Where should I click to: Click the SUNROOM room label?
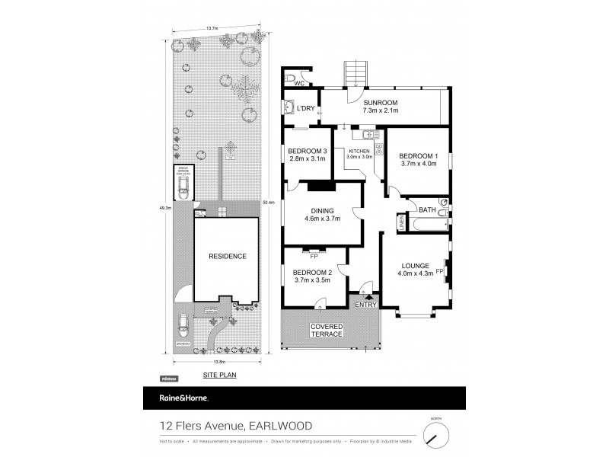tap(380, 101)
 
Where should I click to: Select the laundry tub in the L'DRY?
tap(289, 108)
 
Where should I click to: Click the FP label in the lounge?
tap(439, 270)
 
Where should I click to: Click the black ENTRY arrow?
tap(367, 296)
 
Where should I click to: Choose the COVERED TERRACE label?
tap(326, 331)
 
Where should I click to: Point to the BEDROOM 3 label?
tap(307, 151)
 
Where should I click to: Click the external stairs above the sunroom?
tap(356, 74)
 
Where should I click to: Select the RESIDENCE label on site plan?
tap(228, 257)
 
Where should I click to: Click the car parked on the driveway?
tap(183, 325)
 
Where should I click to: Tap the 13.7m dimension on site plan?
tap(212, 27)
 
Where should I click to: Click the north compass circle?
tap(435, 435)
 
